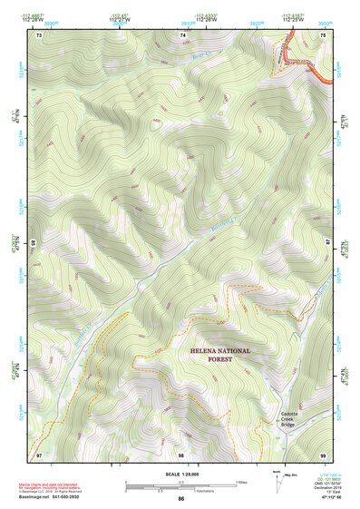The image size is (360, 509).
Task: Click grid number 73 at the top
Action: coord(39,34)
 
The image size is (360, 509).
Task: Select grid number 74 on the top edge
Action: coord(183,34)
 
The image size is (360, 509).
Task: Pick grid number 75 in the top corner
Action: coord(324,34)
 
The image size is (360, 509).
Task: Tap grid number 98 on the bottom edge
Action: coord(180,453)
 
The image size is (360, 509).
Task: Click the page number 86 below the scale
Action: coord(181,499)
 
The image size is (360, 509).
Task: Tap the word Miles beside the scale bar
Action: coord(241,481)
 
